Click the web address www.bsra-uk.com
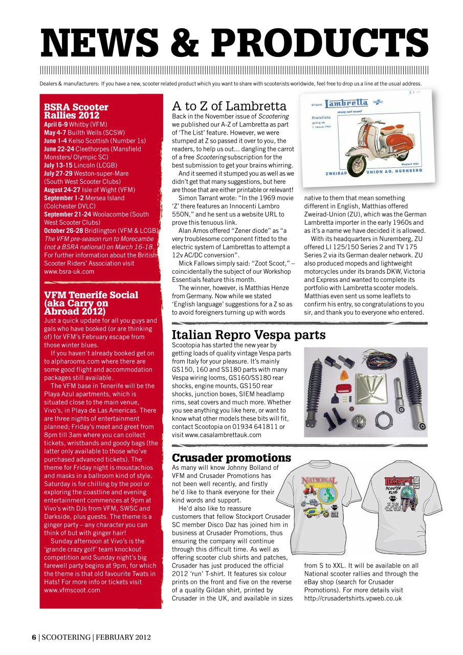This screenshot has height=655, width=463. pos(69,272)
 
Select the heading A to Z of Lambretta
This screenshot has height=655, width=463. pos(229,106)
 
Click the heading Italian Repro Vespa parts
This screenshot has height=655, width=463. pos(249,335)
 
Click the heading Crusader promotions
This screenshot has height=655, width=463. pos(231,457)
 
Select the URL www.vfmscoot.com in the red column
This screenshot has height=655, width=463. pos(72,590)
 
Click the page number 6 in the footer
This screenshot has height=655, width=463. pos(34,637)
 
